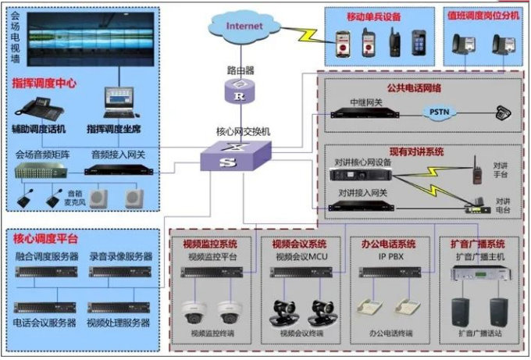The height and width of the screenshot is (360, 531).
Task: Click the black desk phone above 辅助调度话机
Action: [x=34, y=108]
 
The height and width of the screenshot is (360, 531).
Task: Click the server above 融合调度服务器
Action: [x=45, y=272]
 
